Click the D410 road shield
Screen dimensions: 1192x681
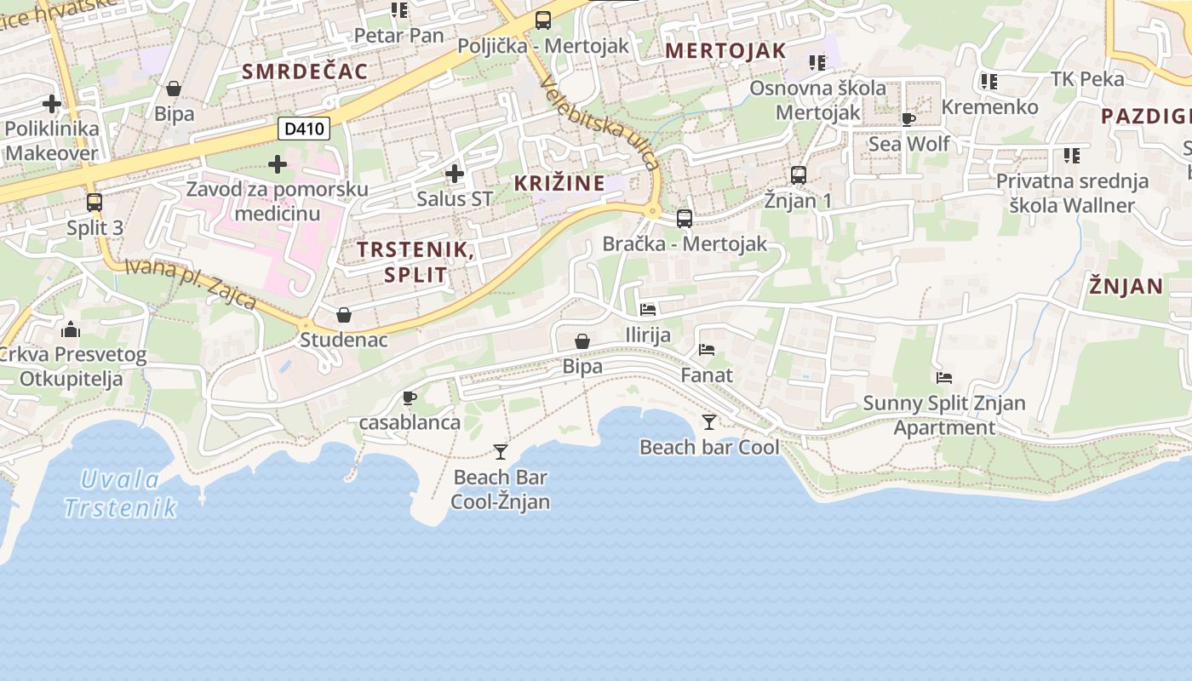click(304, 129)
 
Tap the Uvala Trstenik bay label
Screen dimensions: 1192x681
click(120, 494)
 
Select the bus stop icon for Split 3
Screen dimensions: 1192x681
click(95, 203)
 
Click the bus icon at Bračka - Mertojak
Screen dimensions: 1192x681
click(685, 218)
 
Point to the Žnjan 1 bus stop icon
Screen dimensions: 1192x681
click(798, 175)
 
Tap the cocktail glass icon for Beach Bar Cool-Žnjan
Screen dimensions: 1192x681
click(501, 451)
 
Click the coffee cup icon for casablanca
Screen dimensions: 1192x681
click(410, 397)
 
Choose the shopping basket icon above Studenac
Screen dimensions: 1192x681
click(344, 315)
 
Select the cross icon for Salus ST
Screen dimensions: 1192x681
click(455, 175)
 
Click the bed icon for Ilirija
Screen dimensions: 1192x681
click(648, 310)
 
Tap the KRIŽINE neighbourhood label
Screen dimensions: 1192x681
click(559, 183)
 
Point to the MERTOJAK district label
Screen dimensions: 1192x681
click(725, 50)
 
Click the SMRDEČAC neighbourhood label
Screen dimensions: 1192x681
click(305, 72)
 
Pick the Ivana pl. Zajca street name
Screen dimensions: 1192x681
click(191, 283)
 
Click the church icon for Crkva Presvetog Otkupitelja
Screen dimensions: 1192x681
click(71, 329)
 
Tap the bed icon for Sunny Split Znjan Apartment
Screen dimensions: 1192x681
click(943, 378)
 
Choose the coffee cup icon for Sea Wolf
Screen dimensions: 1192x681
click(908, 119)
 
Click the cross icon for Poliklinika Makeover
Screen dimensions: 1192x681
click(52, 104)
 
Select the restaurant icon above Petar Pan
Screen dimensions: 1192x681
click(399, 10)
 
